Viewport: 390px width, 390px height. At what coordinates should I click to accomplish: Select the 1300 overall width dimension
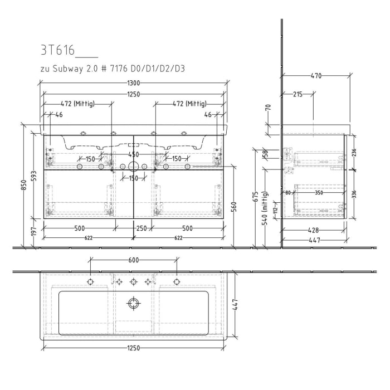click(x=133, y=83)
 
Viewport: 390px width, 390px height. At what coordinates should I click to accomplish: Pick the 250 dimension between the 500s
click(x=142, y=228)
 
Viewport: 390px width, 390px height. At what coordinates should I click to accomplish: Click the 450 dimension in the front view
click(x=134, y=154)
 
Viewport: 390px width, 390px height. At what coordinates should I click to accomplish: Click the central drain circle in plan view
click(x=134, y=303)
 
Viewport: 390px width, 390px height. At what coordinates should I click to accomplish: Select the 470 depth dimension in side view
click(x=315, y=76)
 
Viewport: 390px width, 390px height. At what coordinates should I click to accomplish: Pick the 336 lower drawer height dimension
click(x=354, y=194)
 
